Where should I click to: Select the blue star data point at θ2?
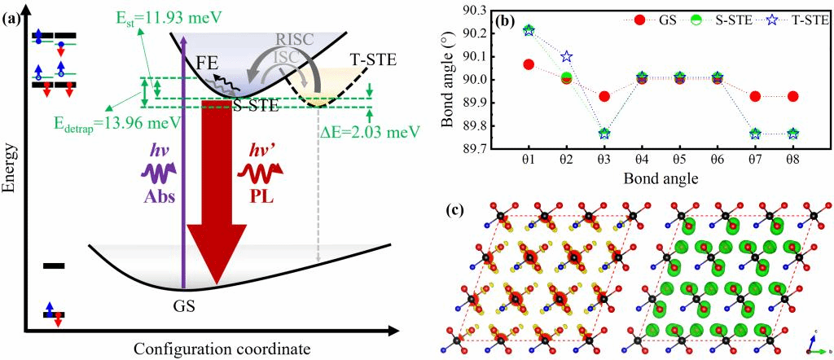[x=567, y=57]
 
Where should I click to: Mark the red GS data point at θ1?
[x=528, y=64]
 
